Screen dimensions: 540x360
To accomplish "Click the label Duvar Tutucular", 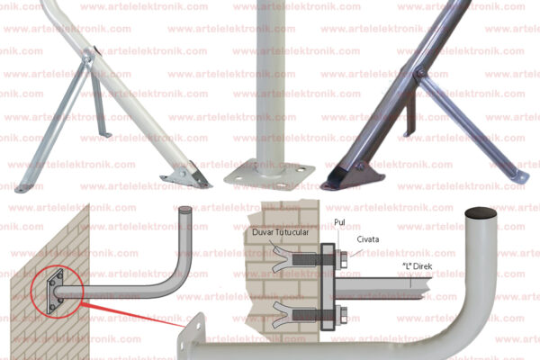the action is [x=280, y=232].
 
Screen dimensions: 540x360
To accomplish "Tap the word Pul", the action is [x=339, y=222].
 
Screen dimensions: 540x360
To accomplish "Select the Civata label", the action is [x=368, y=239].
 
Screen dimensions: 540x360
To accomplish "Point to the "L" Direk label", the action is [x=417, y=266].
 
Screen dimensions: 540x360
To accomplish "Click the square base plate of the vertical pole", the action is [x=270, y=175].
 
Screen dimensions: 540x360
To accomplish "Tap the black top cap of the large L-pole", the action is [x=481, y=213].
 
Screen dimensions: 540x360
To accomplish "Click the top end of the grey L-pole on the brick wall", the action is [x=185, y=210].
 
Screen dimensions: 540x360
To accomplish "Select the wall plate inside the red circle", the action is [x=55, y=291].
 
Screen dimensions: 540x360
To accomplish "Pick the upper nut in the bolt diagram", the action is [x=344, y=260].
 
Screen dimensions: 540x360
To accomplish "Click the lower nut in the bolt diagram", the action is [x=344, y=314].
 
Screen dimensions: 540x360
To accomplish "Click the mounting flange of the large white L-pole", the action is [x=192, y=336].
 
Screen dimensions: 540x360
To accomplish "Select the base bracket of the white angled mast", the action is [x=186, y=175].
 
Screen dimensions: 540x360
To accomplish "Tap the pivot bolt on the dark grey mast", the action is [x=419, y=73].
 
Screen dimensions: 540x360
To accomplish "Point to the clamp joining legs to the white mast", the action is [x=88, y=57].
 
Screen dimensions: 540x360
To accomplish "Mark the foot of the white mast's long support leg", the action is [x=21, y=188].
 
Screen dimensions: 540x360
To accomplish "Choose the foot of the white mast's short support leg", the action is [x=106, y=134].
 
